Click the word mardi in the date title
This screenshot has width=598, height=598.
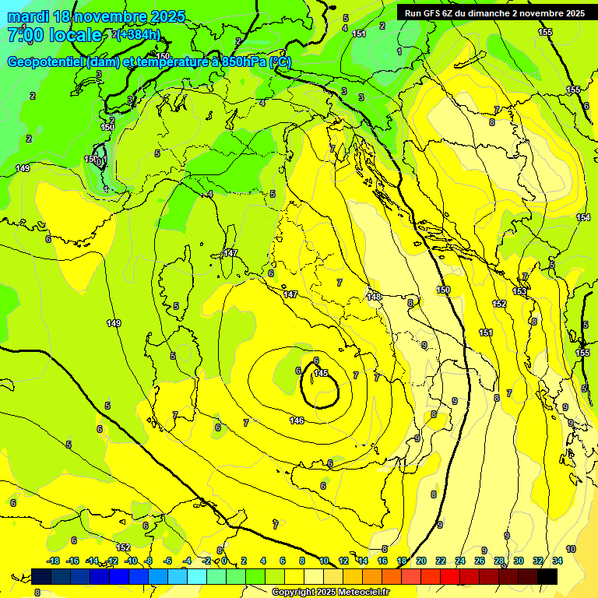coord(26,16)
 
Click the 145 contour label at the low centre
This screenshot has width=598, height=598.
coord(320,374)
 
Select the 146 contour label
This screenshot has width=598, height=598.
coord(297,420)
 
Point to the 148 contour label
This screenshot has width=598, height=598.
coord(374,297)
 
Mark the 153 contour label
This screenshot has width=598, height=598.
coord(519,291)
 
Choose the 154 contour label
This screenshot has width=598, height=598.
coord(583,217)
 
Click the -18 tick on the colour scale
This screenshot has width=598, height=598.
coord(54,561)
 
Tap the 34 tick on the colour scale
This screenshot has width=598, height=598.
coord(558,561)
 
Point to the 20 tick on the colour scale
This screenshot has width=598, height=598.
coord(421,561)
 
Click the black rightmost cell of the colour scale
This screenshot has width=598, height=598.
coord(547,576)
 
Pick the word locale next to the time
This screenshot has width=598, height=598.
coord(75,35)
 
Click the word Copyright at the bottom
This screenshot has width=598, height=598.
coord(294,593)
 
